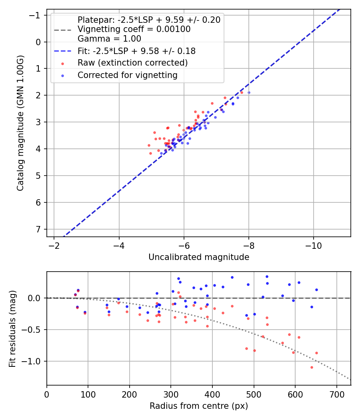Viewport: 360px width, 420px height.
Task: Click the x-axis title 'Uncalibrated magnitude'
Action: click(199, 257)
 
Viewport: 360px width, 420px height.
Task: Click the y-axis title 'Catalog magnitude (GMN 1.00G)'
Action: click(20, 123)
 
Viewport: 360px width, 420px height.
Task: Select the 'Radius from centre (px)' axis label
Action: click(199, 406)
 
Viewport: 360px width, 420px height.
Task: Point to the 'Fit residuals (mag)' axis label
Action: click(12, 328)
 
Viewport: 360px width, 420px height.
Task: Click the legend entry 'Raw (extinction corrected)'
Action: click(132, 63)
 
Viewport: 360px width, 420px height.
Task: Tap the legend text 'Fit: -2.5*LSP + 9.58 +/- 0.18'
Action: click(136, 51)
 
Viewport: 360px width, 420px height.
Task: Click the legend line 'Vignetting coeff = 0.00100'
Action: click(134, 29)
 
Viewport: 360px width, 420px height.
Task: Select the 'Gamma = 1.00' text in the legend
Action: click(109, 39)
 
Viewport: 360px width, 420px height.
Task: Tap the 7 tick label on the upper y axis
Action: click(38, 229)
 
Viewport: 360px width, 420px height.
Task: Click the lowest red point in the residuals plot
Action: click(312, 367)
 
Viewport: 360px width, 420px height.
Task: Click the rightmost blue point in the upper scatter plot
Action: click(249, 92)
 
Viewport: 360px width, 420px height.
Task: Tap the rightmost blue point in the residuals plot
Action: click(316, 290)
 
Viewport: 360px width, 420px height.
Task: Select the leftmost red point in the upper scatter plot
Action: click(149, 145)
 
